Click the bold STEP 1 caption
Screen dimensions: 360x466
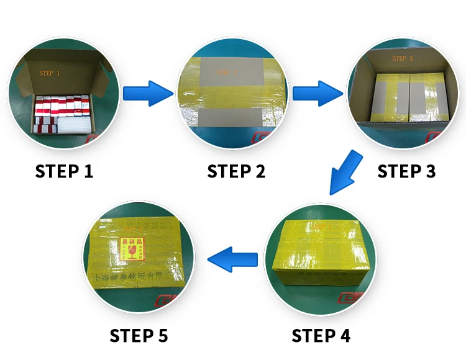pos(64,171)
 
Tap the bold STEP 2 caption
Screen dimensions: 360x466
pos(236,171)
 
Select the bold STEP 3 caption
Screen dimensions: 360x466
pos(406,171)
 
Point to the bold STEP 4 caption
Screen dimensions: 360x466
pos(321,336)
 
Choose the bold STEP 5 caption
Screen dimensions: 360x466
pos(139,336)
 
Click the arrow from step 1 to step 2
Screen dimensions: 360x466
pos(147,94)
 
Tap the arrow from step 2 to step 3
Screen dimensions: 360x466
pos(318,94)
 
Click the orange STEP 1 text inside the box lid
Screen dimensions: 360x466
pos(50,73)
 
